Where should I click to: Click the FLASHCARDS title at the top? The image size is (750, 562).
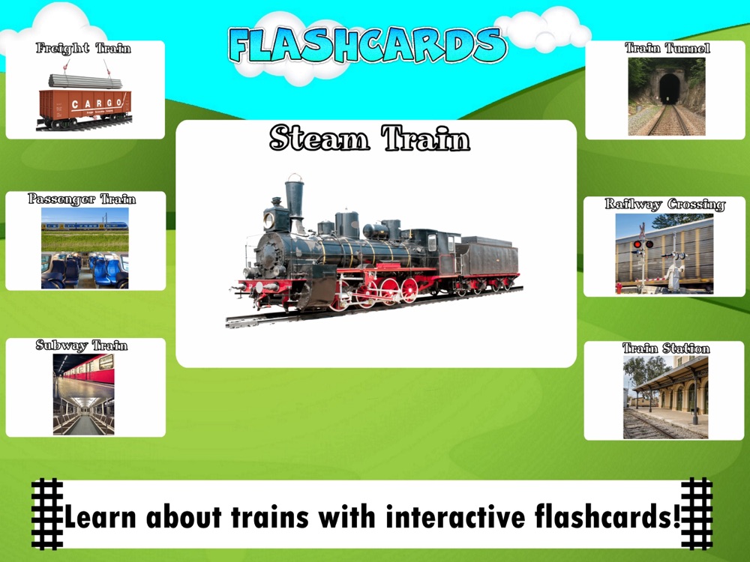coord(367,44)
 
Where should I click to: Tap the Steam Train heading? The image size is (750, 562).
coord(370,138)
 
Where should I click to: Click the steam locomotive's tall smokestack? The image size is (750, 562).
coord(295,201)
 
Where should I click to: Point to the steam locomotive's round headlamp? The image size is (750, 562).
coord(268,220)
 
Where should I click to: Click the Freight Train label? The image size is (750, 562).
coord(83,48)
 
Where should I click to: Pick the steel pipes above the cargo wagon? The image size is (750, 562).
coord(85,81)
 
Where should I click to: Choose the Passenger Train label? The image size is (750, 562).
coord(82,199)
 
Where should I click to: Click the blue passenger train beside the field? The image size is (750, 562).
coord(85,226)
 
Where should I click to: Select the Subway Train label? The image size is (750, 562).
coord(82,345)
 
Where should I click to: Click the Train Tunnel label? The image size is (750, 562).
coord(667,48)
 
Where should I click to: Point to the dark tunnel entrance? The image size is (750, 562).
coord(670,89)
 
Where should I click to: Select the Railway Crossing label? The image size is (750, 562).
coord(664,205)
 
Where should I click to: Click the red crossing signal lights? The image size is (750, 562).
coord(643,244)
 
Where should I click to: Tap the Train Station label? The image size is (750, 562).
coord(666,348)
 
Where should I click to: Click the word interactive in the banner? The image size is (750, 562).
coord(455,517)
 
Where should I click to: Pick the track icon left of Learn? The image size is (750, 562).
coord(47,514)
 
